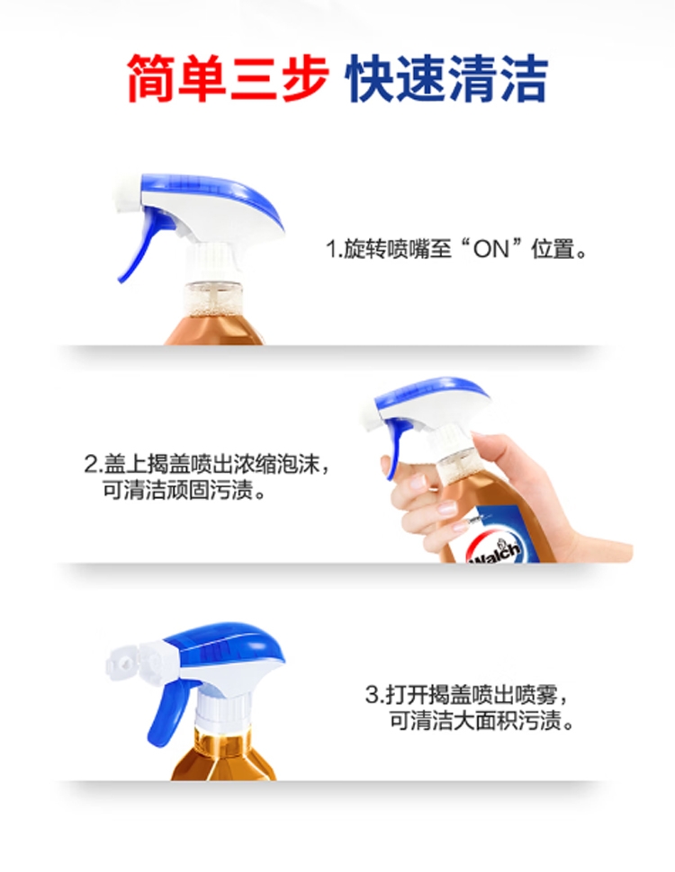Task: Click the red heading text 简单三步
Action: (x=227, y=78)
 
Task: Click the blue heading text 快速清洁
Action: (x=446, y=78)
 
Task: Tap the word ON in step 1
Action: (x=491, y=249)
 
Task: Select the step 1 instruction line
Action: (x=456, y=249)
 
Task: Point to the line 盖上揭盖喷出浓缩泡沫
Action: (x=205, y=464)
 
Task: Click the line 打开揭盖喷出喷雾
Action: (x=468, y=695)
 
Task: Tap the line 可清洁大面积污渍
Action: (x=481, y=721)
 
